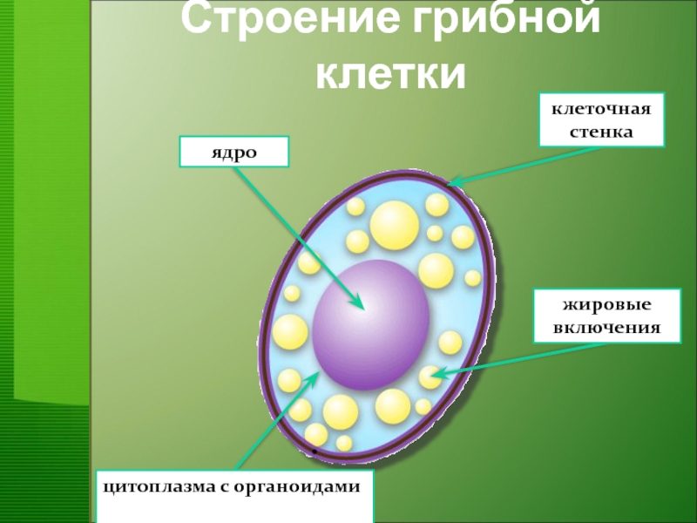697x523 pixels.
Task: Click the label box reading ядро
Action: pos(233,152)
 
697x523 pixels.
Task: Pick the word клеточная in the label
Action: pos(600,111)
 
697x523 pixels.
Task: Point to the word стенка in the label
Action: pos(600,132)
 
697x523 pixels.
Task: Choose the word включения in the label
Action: pos(606,329)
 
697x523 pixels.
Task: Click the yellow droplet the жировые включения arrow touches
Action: pos(430,377)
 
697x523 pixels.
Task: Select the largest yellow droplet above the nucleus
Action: pos(394,224)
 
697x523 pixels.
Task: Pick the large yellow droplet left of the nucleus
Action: pos(290,332)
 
